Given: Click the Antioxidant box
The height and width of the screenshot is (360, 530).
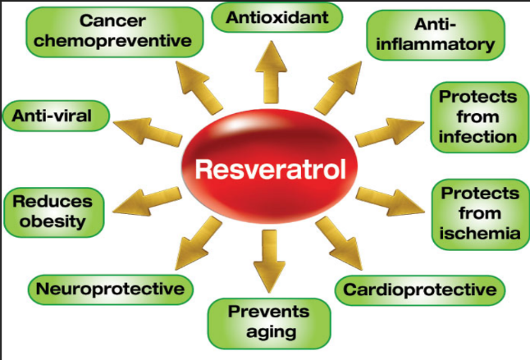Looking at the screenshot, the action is pos(276,17).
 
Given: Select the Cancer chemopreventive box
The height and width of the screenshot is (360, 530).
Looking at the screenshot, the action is pos(115,32).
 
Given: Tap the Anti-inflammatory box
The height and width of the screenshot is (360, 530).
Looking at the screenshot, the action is pos(436,35).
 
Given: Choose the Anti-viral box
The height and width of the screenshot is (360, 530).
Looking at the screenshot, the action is pos(56,116).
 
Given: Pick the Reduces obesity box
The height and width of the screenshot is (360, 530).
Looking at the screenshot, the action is pos(54,212).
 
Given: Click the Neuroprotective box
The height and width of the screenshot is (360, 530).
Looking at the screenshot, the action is pos(111,289).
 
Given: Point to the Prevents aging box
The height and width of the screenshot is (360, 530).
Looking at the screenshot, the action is pos(269,324).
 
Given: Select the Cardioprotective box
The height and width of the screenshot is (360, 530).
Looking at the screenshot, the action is pos(420,290).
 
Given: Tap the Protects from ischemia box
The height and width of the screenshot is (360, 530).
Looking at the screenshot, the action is pos(480,215).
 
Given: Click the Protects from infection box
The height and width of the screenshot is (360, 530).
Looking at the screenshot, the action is pos(479,117).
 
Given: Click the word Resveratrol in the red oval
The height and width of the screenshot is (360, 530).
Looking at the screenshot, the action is pos(271,169).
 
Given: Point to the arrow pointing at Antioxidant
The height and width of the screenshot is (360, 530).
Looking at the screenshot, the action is pos(271,72).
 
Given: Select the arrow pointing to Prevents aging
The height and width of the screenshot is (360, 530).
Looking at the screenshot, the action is pos(269,261).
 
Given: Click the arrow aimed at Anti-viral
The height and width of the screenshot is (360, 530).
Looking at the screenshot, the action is pos(148,132).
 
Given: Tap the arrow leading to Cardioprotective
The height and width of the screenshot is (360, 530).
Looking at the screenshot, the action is pos(339,244).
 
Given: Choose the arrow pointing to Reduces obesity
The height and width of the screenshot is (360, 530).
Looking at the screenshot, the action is pos(147,201).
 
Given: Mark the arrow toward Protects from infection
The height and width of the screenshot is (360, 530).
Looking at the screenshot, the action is pos(390,132).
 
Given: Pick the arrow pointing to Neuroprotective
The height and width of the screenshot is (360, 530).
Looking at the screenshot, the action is pos(199,244).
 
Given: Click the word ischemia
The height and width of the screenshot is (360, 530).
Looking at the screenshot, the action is pos(480,234).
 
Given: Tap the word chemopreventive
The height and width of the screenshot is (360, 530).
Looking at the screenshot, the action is pos(112,42).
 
